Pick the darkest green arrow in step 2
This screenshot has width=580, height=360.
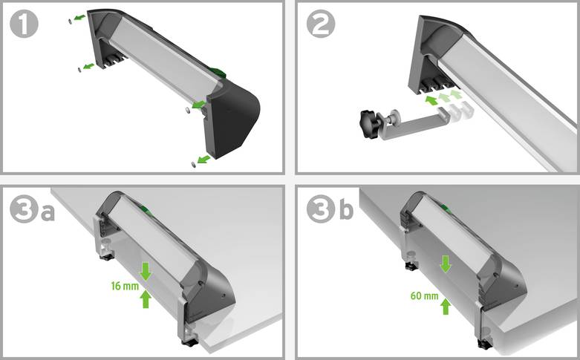coord(431,99)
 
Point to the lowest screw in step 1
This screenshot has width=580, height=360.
coord(194,162)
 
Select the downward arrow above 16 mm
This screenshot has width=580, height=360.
coord(146,271)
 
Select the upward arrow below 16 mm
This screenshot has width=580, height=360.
coord(146,299)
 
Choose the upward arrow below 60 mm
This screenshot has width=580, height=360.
coord(446,306)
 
